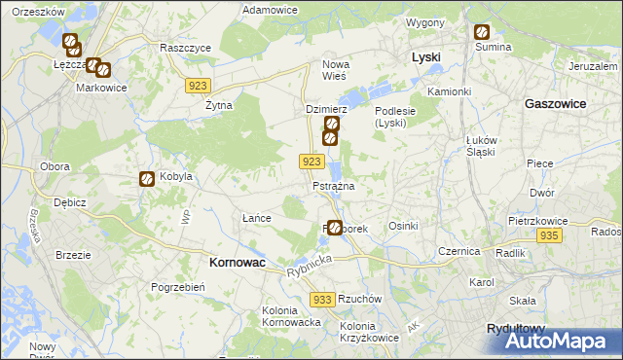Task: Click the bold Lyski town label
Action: pyautogui.click(x=425, y=57)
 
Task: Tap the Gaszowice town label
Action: pyautogui.click(x=555, y=102)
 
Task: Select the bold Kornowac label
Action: pyautogui.click(x=238, y=263)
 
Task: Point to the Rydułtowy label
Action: pyautogui.click(x=517, y=329)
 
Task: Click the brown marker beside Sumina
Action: pyautogui.click(x=481, y=31)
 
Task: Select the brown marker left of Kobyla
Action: pyautogui.click(x=145, y=179)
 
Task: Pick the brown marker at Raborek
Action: pyautogui.click(x=335, y=228)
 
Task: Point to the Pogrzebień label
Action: pyautogui.click(x=177, y=287)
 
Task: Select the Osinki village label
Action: pyautogui.click(x=403, y=226)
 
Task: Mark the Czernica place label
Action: pyautogui.click(x=459, y=250)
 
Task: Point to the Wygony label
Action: pyautogui.click(x=425, y=21)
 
